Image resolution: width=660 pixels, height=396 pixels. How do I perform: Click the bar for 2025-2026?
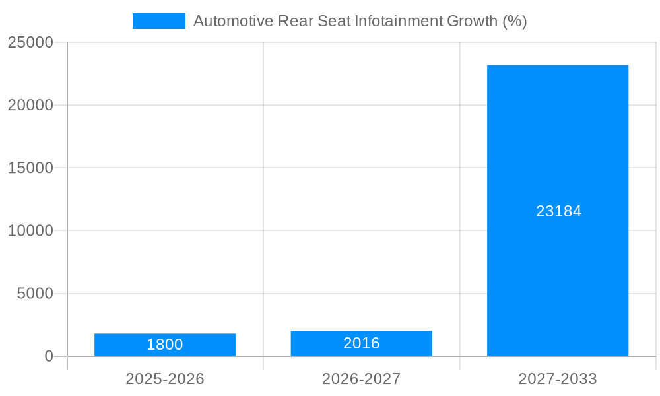[165, 345]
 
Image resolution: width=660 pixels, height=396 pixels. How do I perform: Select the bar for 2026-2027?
[361, 343]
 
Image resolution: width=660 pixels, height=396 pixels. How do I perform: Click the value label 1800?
[165, 345]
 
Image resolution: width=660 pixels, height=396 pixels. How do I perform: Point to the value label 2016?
[361, 343]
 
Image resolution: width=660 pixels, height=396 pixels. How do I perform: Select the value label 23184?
[558, 211]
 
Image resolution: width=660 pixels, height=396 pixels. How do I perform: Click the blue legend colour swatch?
[159, 21]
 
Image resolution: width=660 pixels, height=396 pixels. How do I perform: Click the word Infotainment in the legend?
[399, 21]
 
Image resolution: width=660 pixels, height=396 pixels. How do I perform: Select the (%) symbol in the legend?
[515, 21]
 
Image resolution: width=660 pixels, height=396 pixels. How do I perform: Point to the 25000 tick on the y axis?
[30, 42]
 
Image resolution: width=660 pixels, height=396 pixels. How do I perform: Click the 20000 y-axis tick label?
[30, 105]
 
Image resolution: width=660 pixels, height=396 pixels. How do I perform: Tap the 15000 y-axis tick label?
[30, 168]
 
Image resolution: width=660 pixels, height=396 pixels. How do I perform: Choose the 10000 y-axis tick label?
[30, 230]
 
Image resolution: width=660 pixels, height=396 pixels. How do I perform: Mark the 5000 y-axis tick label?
[34, 293]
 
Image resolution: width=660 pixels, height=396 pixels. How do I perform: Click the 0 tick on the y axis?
[49, 356]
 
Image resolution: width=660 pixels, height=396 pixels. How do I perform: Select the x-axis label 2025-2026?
[165, 379]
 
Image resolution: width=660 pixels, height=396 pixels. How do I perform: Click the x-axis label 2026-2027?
[361, 379]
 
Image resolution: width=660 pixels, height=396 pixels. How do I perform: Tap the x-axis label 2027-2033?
[558, 379]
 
